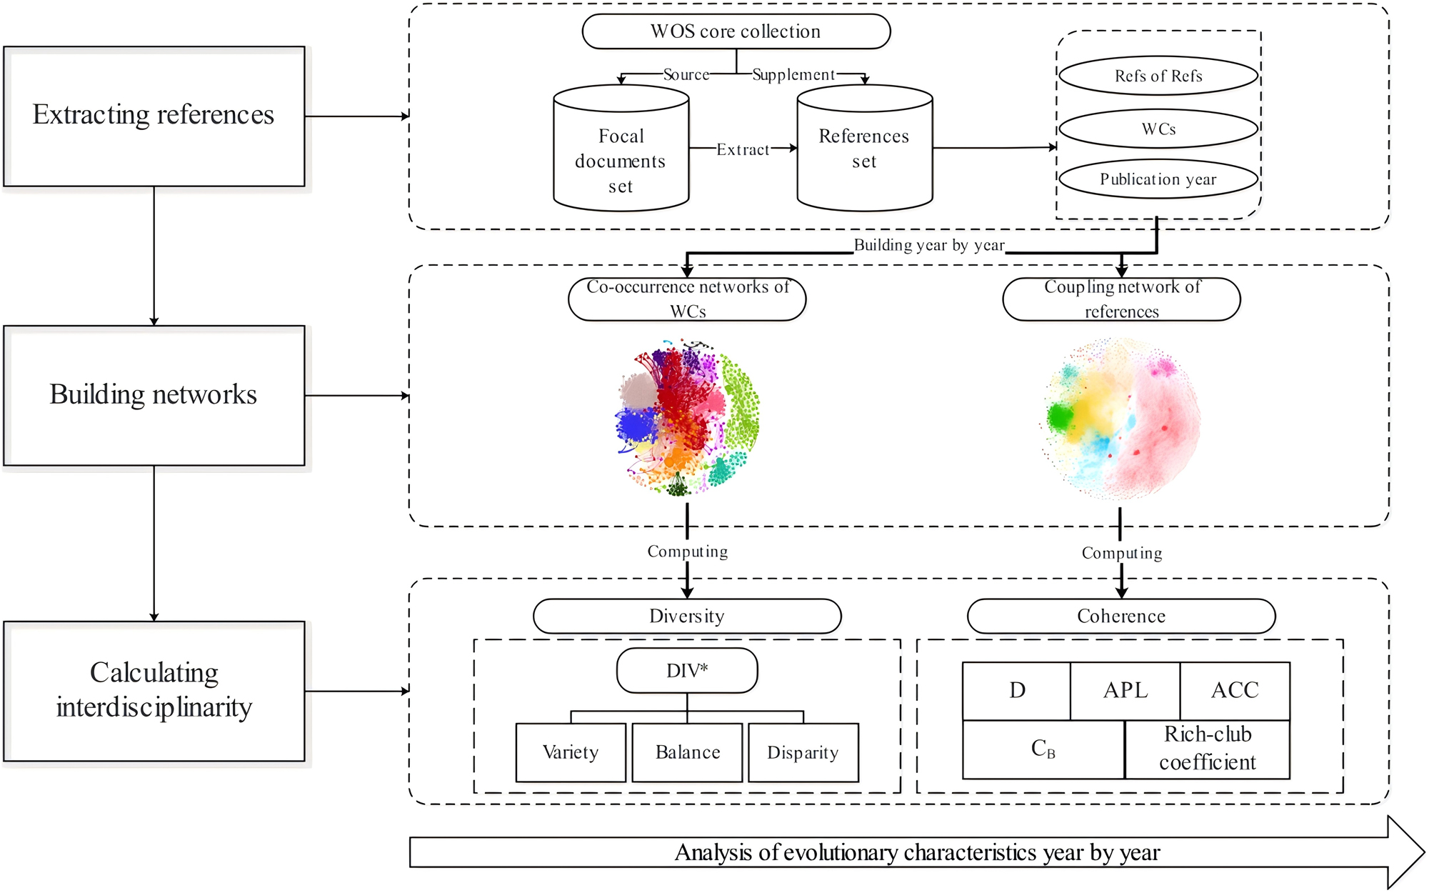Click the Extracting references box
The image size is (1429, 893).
coord(154,116)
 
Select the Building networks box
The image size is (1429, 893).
coord(154,396)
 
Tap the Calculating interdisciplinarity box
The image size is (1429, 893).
coord(154,691)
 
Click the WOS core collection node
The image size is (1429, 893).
coord(736,31)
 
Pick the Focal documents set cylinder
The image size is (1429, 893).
coord(621,148)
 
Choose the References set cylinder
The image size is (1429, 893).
coord(865,148)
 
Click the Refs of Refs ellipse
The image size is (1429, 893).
coord(1158,75)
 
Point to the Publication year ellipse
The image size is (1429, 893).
coord(1158,179)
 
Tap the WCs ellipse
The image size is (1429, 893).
coord(1158,129)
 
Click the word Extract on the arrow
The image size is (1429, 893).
coord(743,149)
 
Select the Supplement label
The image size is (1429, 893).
coord(793,74)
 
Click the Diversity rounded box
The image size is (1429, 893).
coord(687,616)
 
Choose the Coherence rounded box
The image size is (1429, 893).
coord(1121,616)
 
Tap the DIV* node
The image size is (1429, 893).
coord(687,670)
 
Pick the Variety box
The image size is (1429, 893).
coord(571,752)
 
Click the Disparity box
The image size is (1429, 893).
coord(803,752)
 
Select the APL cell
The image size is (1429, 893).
coord(1125,691)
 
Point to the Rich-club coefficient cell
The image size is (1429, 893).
coord(1208,749)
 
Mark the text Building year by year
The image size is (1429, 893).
coord(929,245)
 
